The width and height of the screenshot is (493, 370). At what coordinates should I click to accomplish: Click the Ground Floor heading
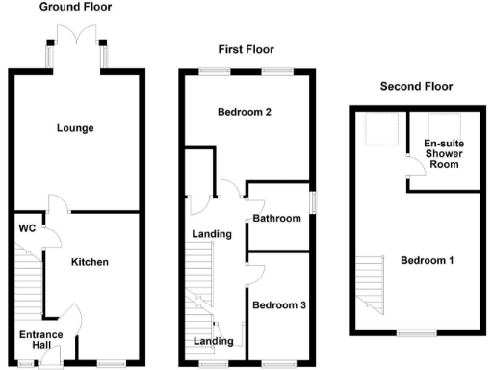tap(75, 7)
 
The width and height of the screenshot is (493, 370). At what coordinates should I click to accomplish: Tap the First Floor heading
tap(246, 49)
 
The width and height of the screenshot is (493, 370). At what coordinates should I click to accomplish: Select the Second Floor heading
tap(416, 86)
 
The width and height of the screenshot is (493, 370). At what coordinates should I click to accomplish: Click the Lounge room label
tap(74, 128)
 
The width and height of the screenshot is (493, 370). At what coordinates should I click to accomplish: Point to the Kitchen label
tap(90, 262)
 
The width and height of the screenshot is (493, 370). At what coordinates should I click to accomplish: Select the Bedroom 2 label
tap(243, 112)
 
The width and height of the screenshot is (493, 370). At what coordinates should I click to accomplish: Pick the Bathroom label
tap(278, 219)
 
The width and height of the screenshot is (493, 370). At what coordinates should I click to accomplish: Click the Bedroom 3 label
tap(279, 304)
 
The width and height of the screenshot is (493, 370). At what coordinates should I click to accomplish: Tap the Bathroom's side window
tap(311, 200)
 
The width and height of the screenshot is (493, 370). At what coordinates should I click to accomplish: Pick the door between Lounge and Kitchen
tap(59, 202)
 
